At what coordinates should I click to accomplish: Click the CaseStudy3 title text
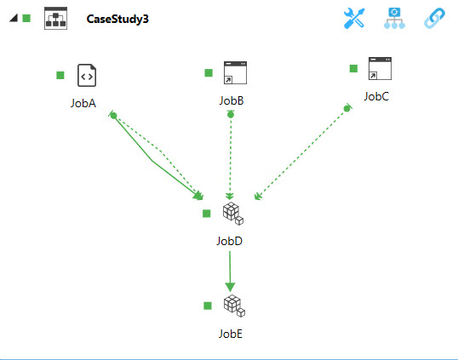(117, 20)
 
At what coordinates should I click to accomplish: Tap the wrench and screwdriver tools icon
(354, 19)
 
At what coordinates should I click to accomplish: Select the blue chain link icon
(434, 19)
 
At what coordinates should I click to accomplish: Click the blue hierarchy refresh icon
(394, 19)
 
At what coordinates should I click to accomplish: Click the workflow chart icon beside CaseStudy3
(56, 19)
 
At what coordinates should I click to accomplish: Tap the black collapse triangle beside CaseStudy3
(14, 18)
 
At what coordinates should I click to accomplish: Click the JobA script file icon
(87, 76)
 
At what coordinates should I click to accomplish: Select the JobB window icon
(235, 72)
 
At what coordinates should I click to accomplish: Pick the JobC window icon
(380, 69)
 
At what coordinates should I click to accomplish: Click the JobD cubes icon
(233, 214)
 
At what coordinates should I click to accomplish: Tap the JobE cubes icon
(234, 306)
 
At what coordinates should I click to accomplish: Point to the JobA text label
(83, 103)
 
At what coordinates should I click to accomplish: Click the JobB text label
(232, 100)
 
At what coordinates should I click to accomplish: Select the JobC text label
(376, 97)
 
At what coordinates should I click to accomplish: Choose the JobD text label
(229, 241)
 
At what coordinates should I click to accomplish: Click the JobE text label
(231, 334)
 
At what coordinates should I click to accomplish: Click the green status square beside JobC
(354, 68)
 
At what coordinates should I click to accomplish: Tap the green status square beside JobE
(208, 306)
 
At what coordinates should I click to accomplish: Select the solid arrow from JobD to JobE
(230, 271)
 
